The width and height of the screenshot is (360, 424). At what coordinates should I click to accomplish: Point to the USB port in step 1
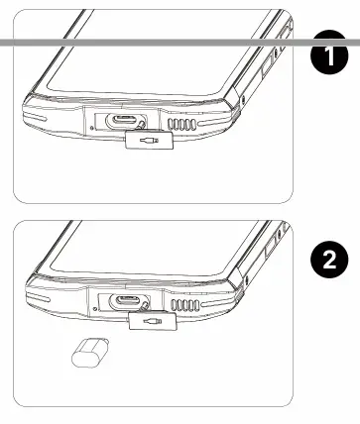pyautogui.click(x=126, y=123)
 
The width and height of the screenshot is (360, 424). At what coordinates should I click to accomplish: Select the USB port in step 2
pyautogui.click(x=126, y=304)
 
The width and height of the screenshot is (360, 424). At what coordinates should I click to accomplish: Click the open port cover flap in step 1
pyautogui.click(x=148, y=142)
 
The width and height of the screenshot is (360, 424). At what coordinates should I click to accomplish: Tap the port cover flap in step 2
pyautogui.click(x=152, y=321)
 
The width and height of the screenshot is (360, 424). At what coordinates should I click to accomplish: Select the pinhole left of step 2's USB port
pyautogui.click(x=95, y=308)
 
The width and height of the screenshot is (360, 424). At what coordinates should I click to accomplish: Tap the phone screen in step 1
pyautogui.click(x=149, y=59)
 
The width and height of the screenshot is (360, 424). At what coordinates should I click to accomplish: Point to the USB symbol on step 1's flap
pyautogui.click(x=148, y=142)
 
